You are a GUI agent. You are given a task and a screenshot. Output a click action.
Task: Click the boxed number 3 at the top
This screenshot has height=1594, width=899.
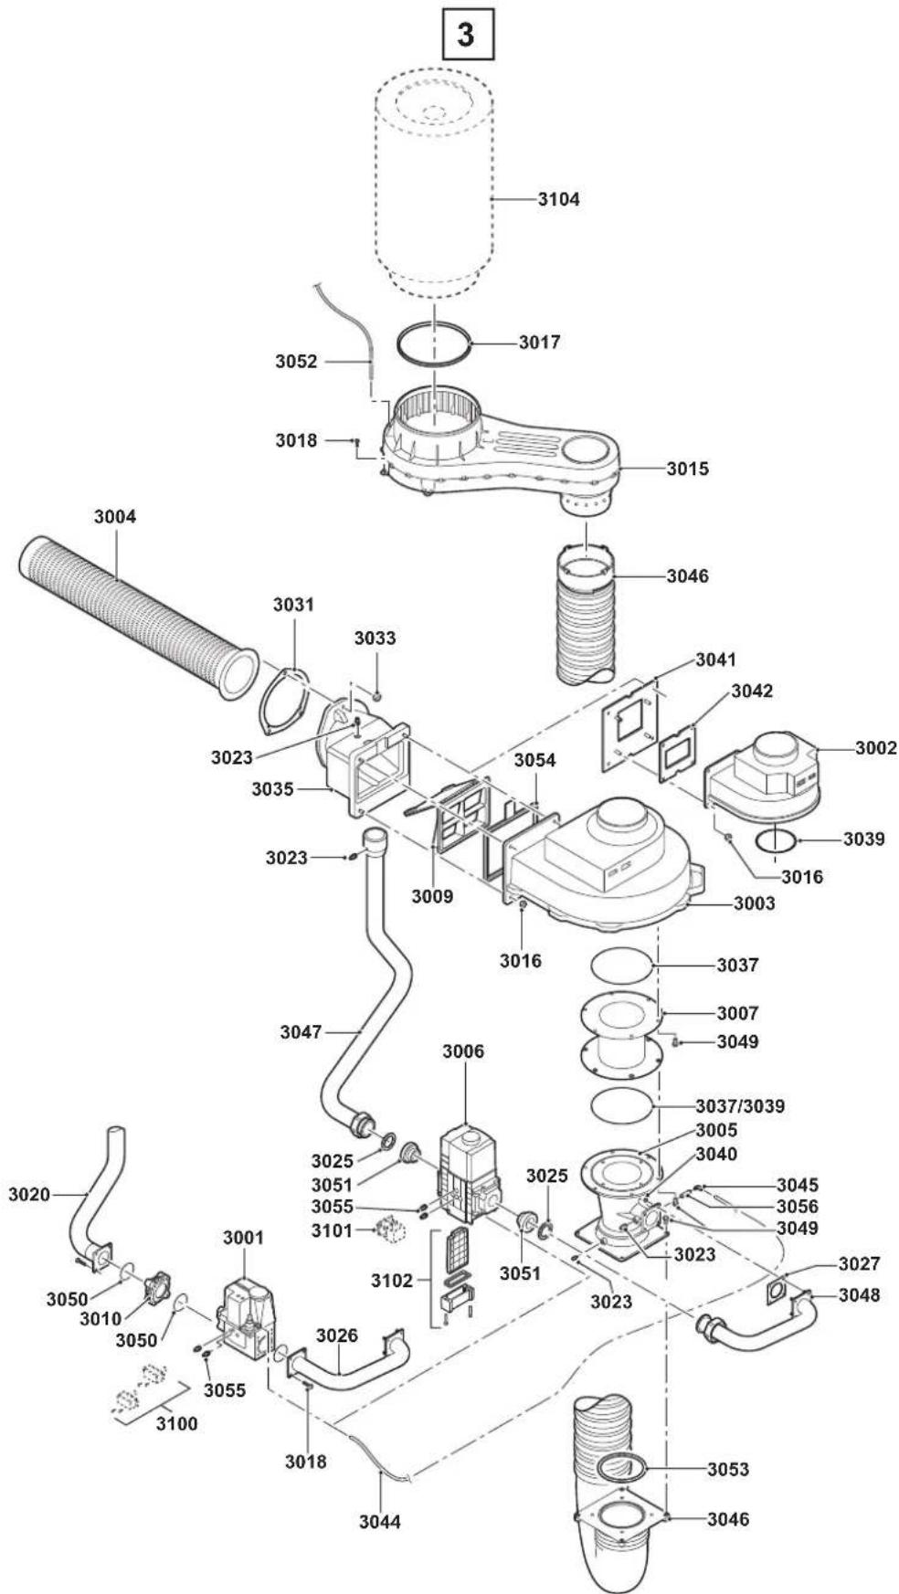[x=467, y=35]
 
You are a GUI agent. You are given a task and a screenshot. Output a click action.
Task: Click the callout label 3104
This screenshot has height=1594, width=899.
[x=558, y=198]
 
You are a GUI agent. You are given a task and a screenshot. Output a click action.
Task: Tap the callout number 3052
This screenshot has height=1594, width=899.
[x=297, y=361]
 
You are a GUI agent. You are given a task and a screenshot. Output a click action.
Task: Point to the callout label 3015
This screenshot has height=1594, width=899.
[x=687, y=469]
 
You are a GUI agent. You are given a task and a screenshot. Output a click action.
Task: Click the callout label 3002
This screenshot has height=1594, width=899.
[x=875, y=747]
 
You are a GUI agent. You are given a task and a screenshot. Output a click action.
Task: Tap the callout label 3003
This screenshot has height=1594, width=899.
[x=754, y=903]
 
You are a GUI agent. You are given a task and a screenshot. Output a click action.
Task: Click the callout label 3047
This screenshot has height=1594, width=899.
[x=301, y=1031]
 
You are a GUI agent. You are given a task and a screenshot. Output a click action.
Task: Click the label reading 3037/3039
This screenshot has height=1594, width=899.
[x=740, y=1105]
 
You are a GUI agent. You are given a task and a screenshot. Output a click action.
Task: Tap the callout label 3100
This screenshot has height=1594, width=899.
[x=176, y=1423]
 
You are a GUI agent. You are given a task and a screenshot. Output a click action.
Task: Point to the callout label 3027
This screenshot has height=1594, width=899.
[x=860, y=1263]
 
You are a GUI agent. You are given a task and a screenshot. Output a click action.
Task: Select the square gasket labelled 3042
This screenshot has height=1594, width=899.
[x=677, y=754]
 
